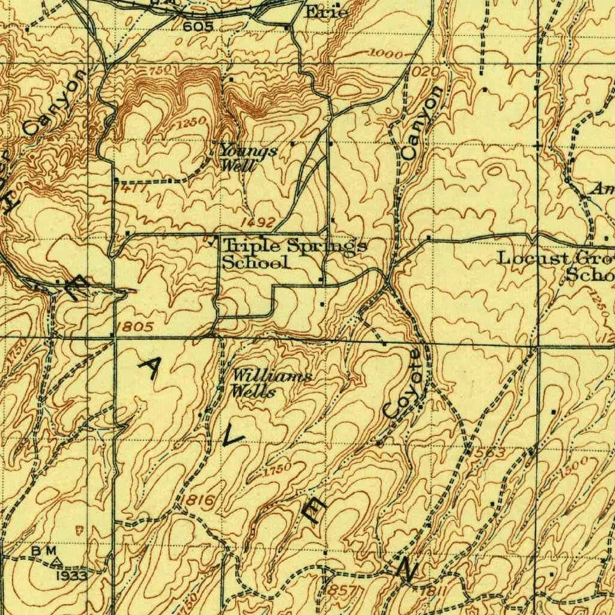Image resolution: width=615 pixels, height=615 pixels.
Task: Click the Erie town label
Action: tap(327, 11)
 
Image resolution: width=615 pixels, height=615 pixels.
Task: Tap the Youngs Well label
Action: tap(247, 157)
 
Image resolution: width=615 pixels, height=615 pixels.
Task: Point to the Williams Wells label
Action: tap(271, 384)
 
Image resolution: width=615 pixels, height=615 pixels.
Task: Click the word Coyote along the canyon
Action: tap(403, 384)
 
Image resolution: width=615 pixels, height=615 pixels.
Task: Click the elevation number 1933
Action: tap(73, 575)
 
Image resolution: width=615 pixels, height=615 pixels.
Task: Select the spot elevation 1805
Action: tap(136, 327)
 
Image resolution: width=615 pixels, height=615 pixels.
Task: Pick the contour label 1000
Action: tap(387, 54)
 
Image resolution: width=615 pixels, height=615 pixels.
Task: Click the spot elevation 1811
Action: tap(434, 592)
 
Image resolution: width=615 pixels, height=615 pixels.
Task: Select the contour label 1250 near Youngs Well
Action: tap(192, 124)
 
